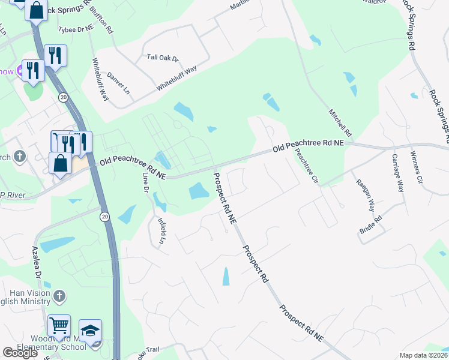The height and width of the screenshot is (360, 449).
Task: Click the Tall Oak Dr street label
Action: click(x=163, y=58)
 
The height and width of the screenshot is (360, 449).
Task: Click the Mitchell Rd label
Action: click(x=339, y=121)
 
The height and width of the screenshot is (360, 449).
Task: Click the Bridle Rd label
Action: click(x=371, y=227)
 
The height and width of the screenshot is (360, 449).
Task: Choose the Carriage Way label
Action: click(x=397, y=172)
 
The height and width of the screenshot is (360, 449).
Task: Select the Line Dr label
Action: click(x=145, y=182)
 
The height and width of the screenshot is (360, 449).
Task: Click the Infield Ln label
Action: click(x=161, y=229)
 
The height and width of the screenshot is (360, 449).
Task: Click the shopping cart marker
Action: click(x=59, y=325)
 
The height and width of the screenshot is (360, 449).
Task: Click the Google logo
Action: click(x=20, y=353)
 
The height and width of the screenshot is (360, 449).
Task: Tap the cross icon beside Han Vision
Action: click(x=59, y=295)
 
